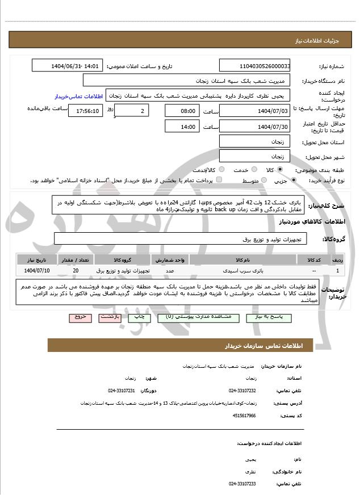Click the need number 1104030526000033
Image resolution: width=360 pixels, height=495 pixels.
click(x=254, y=66)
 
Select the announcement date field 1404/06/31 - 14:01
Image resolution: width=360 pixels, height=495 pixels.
click(x=67, y=66)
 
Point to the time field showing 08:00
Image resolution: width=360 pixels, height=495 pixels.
click(x=182, y=111)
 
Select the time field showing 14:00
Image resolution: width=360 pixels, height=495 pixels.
click(x=182, y=127)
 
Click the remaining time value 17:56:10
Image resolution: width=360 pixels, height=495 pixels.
click(x=85, y=111)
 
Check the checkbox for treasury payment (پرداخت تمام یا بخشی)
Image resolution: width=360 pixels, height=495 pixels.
click(x=219, y=181)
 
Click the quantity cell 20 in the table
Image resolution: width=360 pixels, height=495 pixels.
click(x=76, y=270)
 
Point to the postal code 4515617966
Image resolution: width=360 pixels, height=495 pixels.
click(x=244, y=416)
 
